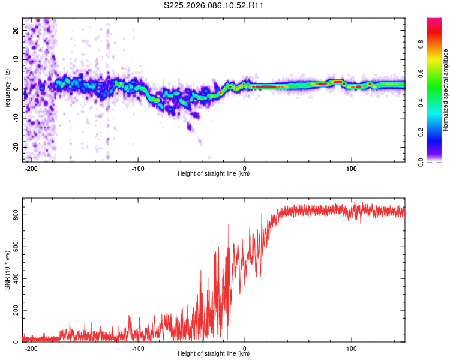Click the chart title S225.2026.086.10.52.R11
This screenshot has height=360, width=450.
[x=214, y=6]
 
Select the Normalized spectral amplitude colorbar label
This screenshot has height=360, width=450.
[x=446, y=90]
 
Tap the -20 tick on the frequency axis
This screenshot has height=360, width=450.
[x=14, y=147]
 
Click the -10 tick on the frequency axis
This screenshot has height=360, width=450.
[x=14, y=118]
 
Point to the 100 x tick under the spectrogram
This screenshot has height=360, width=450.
[x=352, y=169]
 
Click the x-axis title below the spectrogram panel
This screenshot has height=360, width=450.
[x=214, y=174]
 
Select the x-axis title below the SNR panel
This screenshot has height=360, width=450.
[x=214, y=354]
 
